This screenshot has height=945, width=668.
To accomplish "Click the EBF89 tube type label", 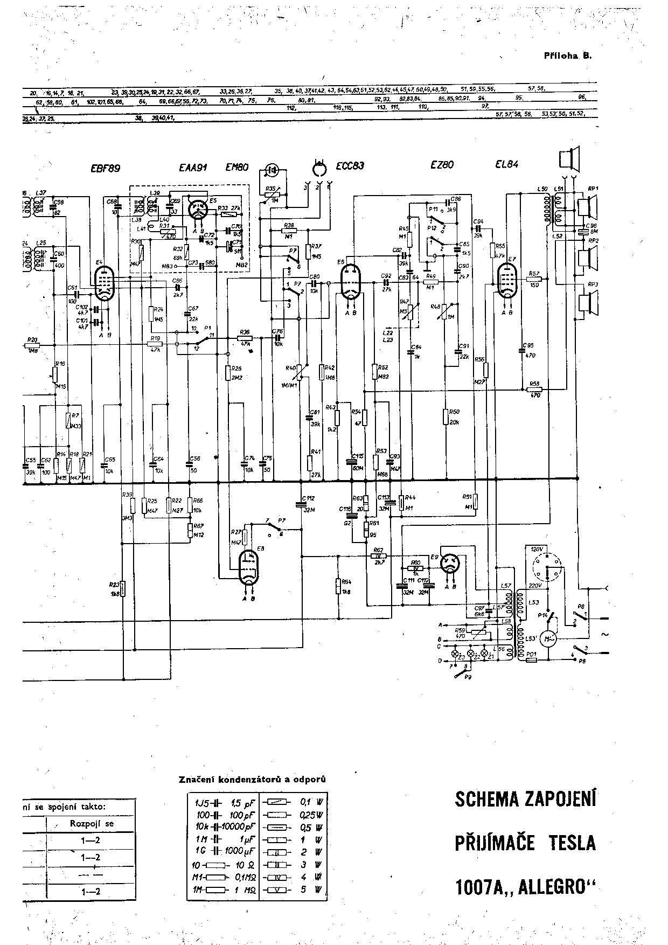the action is pyautogui.click(x=105, y=168).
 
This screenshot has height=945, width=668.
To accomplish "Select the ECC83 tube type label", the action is pyautogui.click(x=350, y=166).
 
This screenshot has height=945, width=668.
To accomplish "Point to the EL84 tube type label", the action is pyautogui.click(x=506, y=164).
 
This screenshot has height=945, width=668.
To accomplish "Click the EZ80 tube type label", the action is pyautogui.click(x=442, y=165).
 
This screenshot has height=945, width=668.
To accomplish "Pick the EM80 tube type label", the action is pyautogui.click(x=236, y=168).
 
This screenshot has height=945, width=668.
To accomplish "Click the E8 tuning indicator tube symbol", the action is pyautogui.click(x=248, y=567).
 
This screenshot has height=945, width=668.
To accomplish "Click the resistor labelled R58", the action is pyautogui.click(x=534, y=390).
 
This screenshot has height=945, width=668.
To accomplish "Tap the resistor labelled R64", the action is pyautogui.click(x=339, y=586).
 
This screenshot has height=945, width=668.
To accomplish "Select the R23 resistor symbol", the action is pyautogui.click(x=123, y=589).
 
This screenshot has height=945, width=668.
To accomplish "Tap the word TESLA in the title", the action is pyautogui.click(x=572, y=842).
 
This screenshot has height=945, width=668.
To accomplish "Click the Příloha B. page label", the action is pyautogui.click(x=568, y=55).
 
